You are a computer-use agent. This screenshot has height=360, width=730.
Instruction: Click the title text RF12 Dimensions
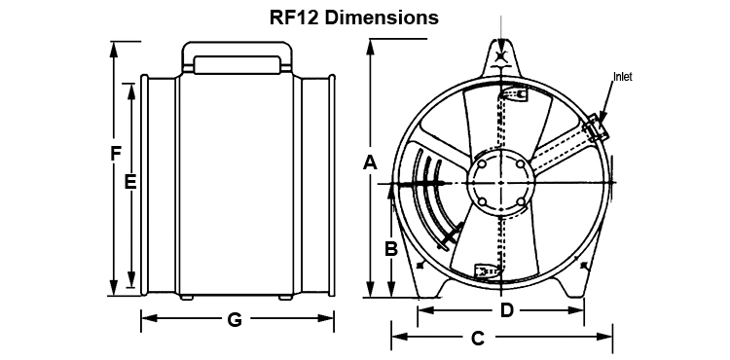click(x=354, y=18)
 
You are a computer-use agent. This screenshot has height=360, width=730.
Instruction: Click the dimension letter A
click(x=370, y=162)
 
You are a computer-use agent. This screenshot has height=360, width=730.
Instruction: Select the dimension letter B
click(x=391, y=249)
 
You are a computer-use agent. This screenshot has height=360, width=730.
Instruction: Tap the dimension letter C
click(x=478, y=339)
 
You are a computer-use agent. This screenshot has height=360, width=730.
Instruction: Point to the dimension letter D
click(x=506, y=310)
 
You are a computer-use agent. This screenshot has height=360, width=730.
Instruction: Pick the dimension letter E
click(x=130, y=182)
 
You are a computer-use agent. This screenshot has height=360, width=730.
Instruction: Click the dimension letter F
click(x=116, y=154)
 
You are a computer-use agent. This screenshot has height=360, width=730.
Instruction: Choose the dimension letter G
click(x=235, y=319)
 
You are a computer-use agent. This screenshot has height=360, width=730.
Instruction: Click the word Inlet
click(x=623, y=77)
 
